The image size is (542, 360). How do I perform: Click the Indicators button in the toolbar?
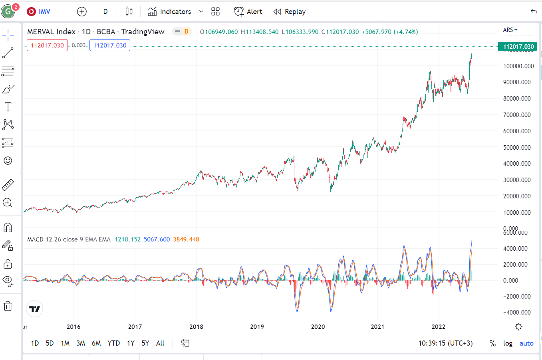(169, 12)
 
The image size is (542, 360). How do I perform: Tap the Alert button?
(248, 12)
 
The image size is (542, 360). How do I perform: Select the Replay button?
(290, 12)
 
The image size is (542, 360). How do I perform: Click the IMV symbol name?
(44, 12)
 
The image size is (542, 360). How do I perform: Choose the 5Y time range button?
(145, 343)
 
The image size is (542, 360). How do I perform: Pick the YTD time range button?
(113, 343)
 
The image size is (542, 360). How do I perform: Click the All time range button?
(160, 343)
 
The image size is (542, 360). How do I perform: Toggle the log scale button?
(508, 343)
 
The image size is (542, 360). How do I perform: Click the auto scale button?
(526, 343)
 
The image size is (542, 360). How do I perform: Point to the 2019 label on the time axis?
(257, 326)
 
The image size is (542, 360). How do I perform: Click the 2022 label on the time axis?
(439, 326)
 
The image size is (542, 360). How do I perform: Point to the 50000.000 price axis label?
(517, 147)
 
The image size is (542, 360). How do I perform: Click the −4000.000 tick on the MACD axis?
(517, 312)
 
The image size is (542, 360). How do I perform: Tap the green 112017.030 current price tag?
(518, 46)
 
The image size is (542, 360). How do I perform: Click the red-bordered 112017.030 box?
(47, 45)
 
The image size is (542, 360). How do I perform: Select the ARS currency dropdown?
(510, 30)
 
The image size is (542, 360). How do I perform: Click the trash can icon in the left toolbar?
(8, 306)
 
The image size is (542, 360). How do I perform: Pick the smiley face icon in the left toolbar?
(8, 160)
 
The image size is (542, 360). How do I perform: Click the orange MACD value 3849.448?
(186, 239)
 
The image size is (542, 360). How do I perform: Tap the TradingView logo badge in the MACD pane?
(35, 309)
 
